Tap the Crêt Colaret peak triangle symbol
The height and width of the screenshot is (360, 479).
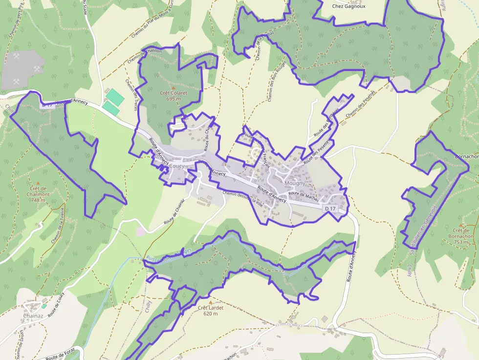click(173, 88)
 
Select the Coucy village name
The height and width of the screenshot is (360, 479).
click(176, 166)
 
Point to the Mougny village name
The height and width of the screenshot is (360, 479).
click(295, 184)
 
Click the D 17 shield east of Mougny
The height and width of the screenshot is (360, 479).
click(330, 209)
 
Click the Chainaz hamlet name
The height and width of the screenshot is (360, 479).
click(33, 316)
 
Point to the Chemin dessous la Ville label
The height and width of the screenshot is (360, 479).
click(242, 198)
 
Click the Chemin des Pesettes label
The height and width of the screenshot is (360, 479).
click(359, 104)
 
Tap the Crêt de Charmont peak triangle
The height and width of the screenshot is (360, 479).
click(38, 182)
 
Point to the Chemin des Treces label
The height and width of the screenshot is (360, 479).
click(131, 95)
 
